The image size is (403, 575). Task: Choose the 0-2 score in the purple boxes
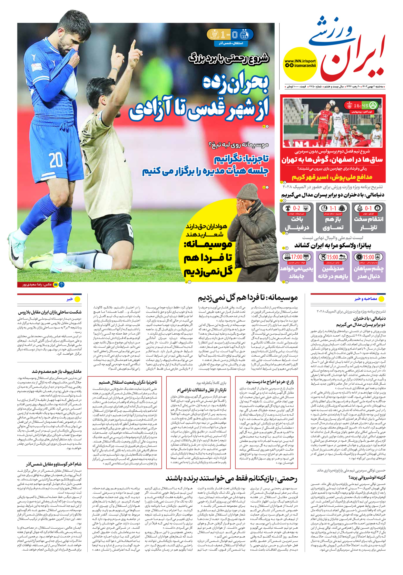pyautogui.click(x=296, y=208)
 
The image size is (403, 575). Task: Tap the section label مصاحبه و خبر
pyautogui.click(x=366, y=299)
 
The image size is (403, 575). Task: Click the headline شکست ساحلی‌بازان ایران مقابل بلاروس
pyautogui.click(x=50, y=312)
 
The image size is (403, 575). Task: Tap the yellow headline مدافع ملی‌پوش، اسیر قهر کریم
pyautogui.click(x=332, y=177)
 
